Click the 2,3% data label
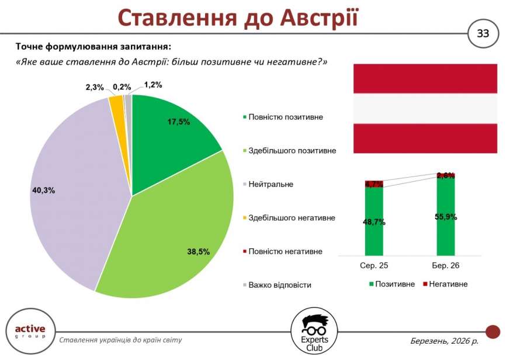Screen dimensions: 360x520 tap(95, 88)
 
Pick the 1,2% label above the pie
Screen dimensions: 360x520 tap(152, 85)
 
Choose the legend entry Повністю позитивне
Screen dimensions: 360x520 tap(285, 117)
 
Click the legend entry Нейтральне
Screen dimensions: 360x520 tap(271, 184)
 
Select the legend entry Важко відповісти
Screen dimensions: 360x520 tap(279, 285)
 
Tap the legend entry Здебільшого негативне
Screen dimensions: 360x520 tap(292, 218)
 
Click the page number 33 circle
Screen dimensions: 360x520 tap(483, 33)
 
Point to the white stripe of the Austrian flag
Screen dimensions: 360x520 tap(425, 109)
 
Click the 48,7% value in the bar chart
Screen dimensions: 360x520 tap(374, 222)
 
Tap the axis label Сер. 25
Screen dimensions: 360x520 tap(374, 266)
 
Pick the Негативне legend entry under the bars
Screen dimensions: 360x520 tap(448, 284)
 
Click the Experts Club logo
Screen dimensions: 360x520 tap(314, 332)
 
